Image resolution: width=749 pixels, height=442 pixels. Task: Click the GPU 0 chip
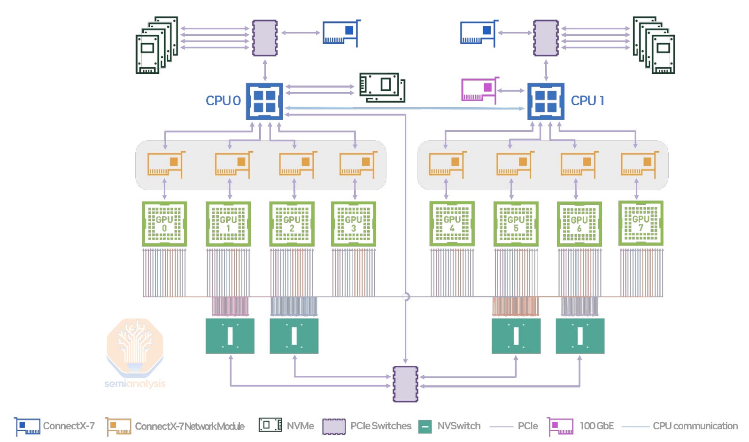[x=164, y=224]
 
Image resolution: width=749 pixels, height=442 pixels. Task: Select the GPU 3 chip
[x=354, y=224]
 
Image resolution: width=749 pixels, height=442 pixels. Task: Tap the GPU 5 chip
[x=516, y=224]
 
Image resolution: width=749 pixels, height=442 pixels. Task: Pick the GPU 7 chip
[x=641, y=224]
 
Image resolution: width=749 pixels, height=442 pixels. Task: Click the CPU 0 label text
[x=223, y=101]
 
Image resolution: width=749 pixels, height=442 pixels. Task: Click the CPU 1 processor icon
[x=546, y=101]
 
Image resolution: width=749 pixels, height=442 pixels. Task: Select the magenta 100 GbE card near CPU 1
[x=479, y=90]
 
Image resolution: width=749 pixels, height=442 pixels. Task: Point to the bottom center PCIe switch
[x=405, y=384]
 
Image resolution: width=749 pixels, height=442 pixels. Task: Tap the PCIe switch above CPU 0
[x=265, y=38]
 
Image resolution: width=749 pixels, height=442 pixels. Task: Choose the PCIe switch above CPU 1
[x=546, y=38]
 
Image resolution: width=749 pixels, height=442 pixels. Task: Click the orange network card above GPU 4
[x=447, y=164]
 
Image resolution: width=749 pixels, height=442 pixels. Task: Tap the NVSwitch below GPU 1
[x=230, y=336]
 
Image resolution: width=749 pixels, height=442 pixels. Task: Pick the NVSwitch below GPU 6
[x=580, y=336]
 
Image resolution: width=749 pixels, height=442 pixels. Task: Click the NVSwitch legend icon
[x=425, y=426]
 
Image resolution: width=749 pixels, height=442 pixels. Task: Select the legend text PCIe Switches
[x=380, y=426]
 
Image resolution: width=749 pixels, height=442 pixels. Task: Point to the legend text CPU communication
[x=695, y=426]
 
